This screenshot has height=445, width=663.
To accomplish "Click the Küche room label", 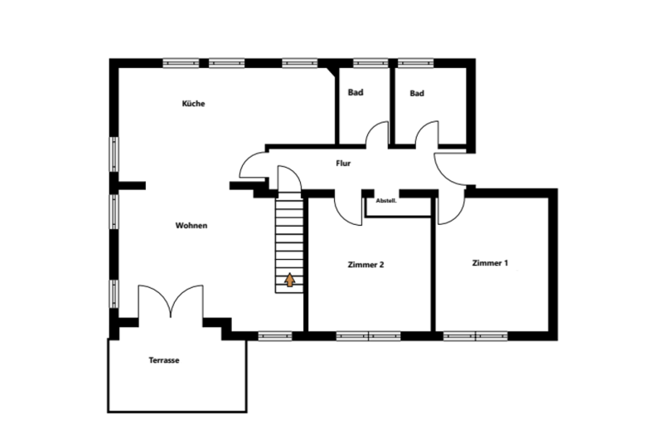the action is (193, 104).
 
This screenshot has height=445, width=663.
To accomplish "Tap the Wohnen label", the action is (191, 226).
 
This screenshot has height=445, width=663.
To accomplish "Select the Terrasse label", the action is (164, 360).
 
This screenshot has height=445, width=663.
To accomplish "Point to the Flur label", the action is (343, 164).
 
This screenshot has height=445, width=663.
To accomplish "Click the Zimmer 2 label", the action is (365, 265).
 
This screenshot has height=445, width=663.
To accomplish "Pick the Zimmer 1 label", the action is (490, 263).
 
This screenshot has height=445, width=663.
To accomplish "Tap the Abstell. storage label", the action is (386, 201).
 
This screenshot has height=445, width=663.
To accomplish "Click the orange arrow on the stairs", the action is (289, 280).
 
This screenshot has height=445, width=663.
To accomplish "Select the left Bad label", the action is (356, 92).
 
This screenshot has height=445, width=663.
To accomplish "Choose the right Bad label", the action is (417, 94).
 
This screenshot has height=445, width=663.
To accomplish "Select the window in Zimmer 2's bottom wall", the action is (368, 336).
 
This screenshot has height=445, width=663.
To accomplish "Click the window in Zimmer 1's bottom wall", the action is (475, 336).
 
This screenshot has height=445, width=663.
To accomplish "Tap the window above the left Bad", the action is (370, 63).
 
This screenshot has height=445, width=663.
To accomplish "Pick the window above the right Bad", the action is (416, 63).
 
